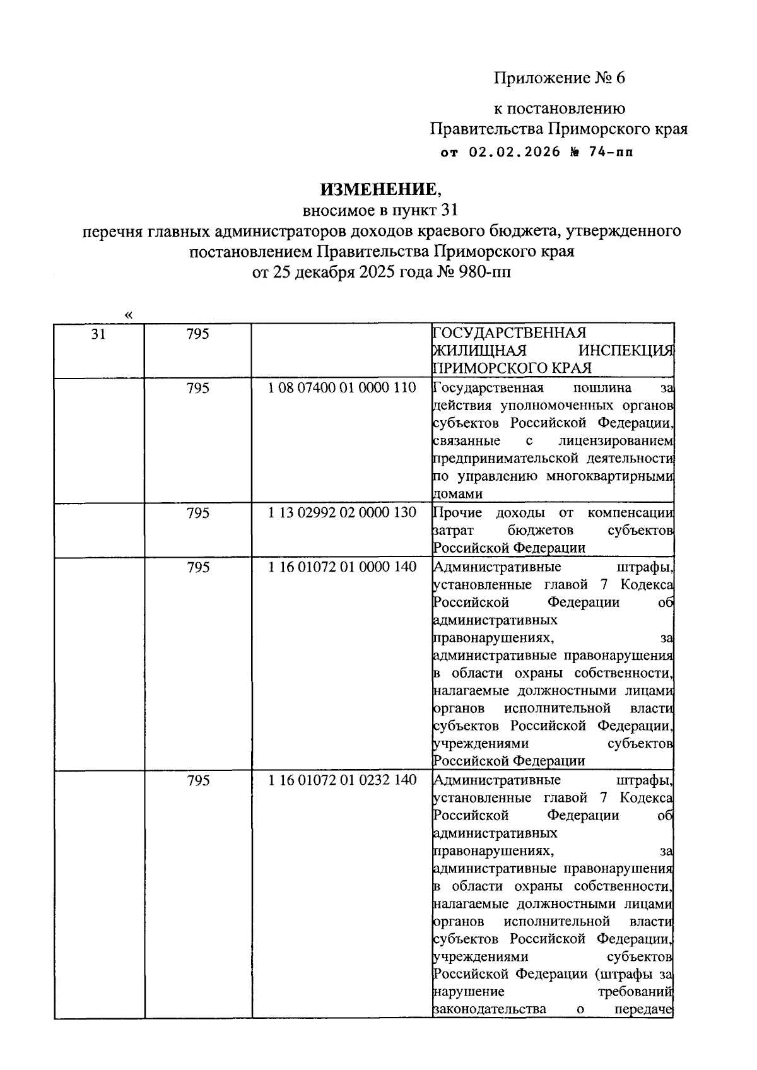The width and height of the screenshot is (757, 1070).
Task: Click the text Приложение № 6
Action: point(559,78)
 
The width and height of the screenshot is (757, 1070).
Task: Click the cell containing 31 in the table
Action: point(98,334)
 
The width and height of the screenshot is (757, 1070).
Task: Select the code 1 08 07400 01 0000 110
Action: point(343,388)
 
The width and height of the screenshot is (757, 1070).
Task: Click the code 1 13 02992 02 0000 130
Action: point(343,513)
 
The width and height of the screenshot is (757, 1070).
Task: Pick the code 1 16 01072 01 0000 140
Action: point(343,567)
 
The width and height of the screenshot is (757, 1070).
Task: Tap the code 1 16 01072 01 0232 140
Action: point(343,780)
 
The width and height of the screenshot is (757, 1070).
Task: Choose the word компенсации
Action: point(630,513)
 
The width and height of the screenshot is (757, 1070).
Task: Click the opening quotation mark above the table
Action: point(129,314)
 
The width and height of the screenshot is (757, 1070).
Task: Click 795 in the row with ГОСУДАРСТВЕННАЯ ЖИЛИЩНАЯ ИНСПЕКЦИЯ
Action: point(198,334)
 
